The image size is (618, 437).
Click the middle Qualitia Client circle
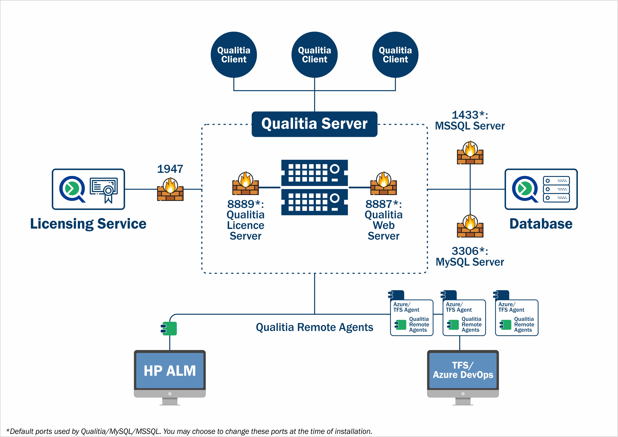click(314, 55)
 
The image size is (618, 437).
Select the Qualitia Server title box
click(314, 124)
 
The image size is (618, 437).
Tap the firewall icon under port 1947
click(170, 190)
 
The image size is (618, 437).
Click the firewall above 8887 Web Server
click(384, 184)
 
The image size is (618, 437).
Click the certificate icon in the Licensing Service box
click(104, 189)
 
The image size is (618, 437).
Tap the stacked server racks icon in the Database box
click(556, 189)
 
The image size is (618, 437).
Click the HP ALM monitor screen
click(170, 371)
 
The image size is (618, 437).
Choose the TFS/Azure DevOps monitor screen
click(463, 371)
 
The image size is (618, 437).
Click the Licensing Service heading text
click(88, 224)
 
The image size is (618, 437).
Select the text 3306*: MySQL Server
click(470, 256)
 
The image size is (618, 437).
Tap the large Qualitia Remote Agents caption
click(314, 327)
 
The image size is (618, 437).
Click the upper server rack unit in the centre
click(314, 172)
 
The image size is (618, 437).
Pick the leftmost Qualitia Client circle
click(234, 55)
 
